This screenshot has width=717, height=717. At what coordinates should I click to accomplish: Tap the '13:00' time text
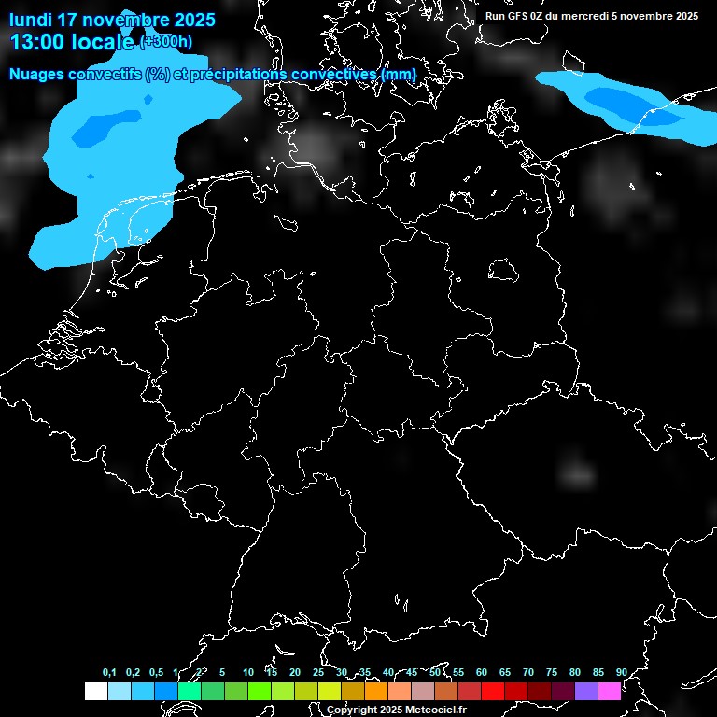(38, 42)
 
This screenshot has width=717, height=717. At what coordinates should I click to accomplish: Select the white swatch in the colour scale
(95, 692)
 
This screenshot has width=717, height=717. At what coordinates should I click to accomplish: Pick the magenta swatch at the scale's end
(609, 692)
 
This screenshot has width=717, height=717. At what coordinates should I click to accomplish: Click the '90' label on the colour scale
(621, 672)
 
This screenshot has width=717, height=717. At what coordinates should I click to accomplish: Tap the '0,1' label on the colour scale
(109, 672)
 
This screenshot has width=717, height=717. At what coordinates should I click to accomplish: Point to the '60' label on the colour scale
(481, 672)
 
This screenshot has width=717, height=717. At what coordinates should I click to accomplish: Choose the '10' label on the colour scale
(247, 672)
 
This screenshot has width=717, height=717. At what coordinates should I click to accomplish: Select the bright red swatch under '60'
(492, 692)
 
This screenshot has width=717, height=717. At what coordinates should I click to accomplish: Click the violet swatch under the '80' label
(585, 692)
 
